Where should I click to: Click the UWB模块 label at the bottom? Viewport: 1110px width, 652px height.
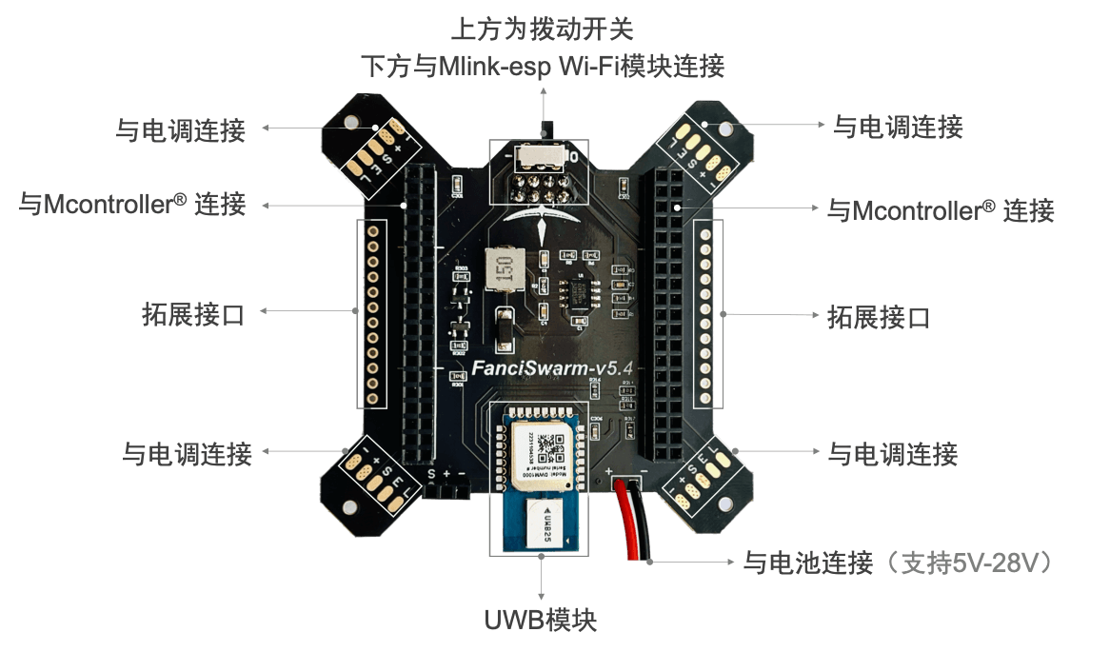tap(541, 622)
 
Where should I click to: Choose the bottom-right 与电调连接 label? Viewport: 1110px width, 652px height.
tap(892, 455)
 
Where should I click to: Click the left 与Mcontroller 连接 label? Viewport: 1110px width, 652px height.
tap(133, 204)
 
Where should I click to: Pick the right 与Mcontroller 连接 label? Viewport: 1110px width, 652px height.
tap(940, 209)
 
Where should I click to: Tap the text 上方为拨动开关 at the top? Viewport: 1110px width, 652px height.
tap(541, 29)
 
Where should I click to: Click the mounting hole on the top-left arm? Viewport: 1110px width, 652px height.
tap(349, 124)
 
